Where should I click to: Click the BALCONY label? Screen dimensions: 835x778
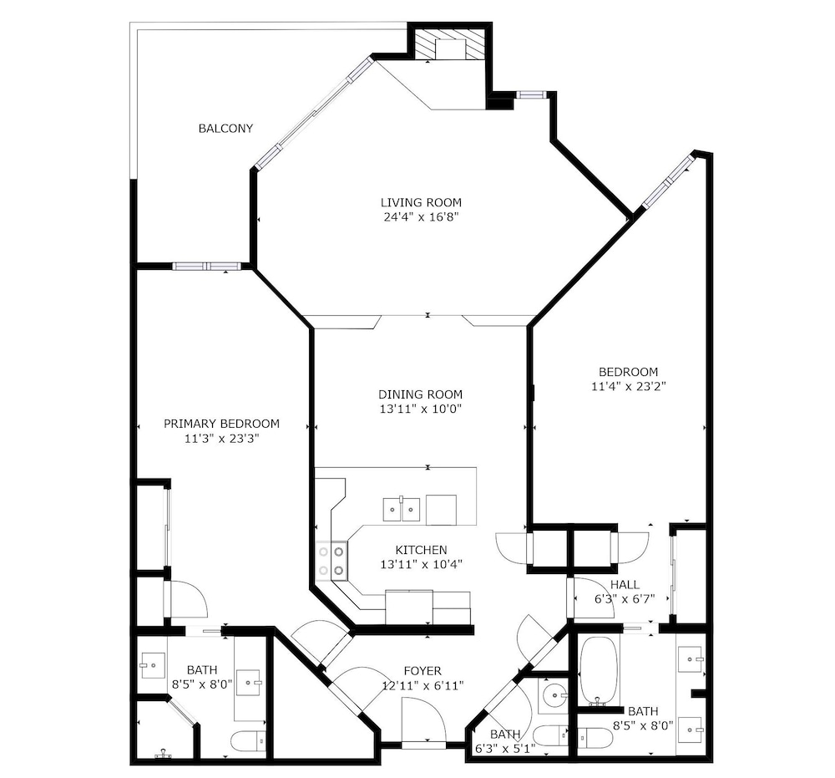coord(225,128)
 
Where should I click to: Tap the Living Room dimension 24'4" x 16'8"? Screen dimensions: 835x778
coord(421,217)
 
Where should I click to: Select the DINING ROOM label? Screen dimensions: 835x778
coord(420,394)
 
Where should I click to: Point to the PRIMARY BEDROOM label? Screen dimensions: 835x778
coord(221,424)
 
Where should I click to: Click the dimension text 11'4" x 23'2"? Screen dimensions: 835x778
coord(629,386)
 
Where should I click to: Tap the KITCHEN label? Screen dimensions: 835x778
coord(421,550)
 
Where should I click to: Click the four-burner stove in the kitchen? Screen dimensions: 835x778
coord(331,560)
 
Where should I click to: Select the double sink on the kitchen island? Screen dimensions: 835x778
coord(402,510)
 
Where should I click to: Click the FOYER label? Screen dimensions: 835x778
coord(423,671)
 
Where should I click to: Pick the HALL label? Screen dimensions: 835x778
coord(625,585)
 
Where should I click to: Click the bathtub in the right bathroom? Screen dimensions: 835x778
coord(599,670)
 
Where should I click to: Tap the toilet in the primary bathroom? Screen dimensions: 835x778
coord(249,740)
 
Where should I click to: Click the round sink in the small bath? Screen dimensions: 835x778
coord(554,695)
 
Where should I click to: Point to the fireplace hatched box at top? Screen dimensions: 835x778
coord(449,44)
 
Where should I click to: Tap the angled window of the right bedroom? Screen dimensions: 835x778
coord(668,181)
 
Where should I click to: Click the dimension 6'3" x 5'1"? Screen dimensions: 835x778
coord(505,749)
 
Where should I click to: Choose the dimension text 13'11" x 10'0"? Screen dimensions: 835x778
coord(420,409)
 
